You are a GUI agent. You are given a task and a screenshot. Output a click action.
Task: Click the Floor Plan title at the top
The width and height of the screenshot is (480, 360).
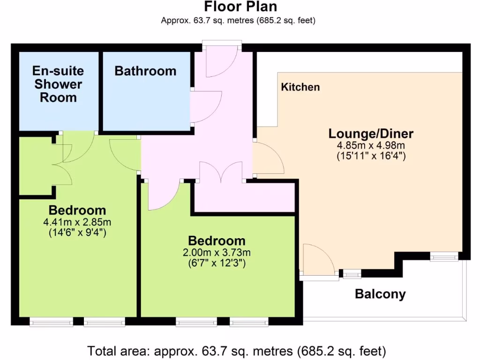240,7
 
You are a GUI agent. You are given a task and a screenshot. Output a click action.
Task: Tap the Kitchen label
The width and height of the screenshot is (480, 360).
300,87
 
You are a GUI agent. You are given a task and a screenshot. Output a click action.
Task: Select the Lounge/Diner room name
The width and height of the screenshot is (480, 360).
371,134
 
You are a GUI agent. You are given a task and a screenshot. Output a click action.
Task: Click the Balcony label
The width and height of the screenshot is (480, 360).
380,294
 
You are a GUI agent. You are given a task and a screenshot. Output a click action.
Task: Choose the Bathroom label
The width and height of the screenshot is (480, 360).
145,71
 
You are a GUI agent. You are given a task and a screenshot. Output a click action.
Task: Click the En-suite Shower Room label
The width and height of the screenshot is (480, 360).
58,84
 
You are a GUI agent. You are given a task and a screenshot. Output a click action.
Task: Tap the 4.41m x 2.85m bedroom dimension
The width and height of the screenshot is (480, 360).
77,222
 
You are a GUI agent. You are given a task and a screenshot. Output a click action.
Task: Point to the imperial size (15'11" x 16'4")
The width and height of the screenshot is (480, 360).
371,156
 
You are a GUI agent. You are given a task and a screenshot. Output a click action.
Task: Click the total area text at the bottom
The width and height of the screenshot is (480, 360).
237,351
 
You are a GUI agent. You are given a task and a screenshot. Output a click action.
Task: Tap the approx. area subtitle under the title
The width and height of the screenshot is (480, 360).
238,20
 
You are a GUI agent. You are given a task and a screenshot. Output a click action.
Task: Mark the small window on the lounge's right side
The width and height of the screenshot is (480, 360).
444,256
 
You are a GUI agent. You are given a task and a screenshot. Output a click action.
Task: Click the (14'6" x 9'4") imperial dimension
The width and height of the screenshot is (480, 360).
77,232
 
